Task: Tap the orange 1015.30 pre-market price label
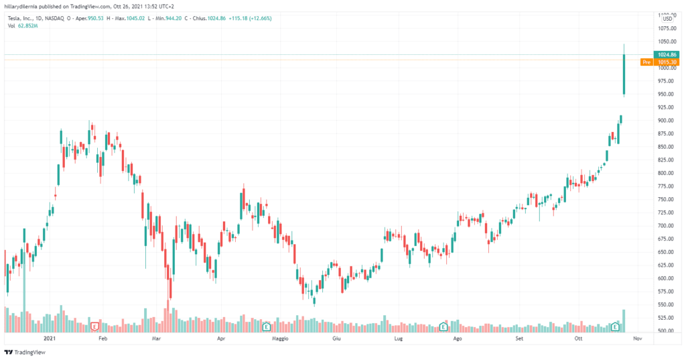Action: pos(666,62)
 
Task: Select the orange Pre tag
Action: pos(646,62)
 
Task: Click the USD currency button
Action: pos(667,19)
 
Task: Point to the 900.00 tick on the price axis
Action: pos(665,121)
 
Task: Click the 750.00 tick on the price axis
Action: pos(665,199)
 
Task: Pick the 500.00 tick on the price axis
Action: pos(665,331)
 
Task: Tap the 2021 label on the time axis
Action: pos(49,339)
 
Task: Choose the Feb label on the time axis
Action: pos(102,339)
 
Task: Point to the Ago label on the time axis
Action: pos(458,339)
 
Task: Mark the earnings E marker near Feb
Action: pos(95,326)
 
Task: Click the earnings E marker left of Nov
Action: pos(616,326)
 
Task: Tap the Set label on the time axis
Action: pos(519,339)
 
